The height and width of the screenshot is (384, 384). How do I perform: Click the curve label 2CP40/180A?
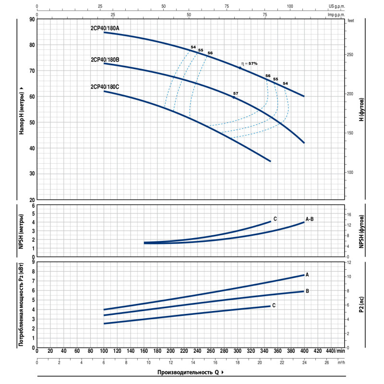(105, 28)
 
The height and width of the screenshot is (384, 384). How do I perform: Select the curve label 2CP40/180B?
(105, 60)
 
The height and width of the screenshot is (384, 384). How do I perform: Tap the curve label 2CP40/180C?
(105, 87)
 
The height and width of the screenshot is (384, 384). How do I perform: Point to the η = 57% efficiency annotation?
(250, 63)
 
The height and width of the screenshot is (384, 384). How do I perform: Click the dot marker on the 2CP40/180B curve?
(234, 97)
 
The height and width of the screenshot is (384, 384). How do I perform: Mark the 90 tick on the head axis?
(32, 19)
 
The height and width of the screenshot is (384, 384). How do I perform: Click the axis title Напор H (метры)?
(22, 110)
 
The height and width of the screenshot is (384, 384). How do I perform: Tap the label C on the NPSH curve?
(275, 219)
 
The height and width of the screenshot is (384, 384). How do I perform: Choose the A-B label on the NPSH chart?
(310, 219)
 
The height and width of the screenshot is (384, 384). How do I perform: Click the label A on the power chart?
(307, 275)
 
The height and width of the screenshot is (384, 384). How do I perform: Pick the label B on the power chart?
(307, 291)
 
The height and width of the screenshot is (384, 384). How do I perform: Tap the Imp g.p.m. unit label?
(337, 15)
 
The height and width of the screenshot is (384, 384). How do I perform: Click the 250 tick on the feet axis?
(350, 55)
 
